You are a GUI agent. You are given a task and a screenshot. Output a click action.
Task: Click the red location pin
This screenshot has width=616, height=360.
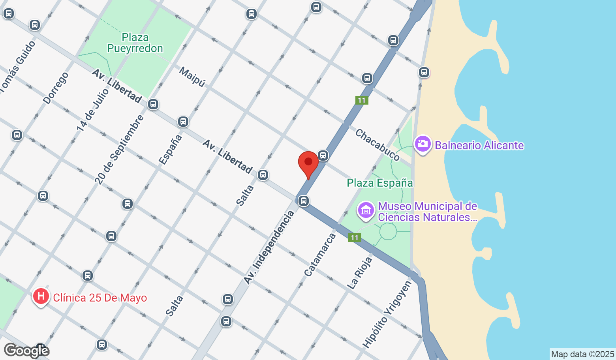pos(308,163)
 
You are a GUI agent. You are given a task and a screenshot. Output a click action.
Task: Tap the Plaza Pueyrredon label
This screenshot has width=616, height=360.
pos(135,43)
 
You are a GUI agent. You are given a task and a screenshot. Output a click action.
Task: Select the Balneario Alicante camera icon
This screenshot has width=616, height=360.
pos(423,144)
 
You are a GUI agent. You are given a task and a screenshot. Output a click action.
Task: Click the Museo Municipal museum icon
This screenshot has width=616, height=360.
pos(366,210)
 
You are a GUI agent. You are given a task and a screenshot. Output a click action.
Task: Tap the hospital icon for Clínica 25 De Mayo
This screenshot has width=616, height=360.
pos(41,296)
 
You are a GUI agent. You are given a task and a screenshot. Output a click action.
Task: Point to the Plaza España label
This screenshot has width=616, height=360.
pos(379,183)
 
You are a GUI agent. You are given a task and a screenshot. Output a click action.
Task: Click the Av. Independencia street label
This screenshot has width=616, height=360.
pos(269,247)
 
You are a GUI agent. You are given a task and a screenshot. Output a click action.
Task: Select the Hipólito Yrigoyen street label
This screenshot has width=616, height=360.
pos(387,315)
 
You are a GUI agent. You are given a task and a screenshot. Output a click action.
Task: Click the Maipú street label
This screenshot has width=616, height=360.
pos(192,77)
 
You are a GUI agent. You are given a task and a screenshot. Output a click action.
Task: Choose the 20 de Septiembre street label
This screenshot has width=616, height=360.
pos(119,150)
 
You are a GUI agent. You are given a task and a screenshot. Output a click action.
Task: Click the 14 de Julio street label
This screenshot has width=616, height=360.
pos(92,110)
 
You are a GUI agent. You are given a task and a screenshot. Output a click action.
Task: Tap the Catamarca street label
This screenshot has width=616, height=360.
pos(320,255)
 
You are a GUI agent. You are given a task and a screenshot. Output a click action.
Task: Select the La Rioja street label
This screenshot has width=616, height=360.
pos(360,272)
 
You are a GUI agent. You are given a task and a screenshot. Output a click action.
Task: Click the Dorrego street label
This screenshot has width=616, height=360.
pos(56,88)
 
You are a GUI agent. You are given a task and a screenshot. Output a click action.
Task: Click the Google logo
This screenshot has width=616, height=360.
pos(26,351)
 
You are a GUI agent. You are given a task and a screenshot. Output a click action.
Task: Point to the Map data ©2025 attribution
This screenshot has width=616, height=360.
pos(582,354)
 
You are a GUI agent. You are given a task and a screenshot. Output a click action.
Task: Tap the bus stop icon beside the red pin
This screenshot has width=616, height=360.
pos(323,156)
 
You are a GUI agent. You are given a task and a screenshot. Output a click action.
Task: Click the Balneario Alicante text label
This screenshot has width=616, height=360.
pos(479,146)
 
